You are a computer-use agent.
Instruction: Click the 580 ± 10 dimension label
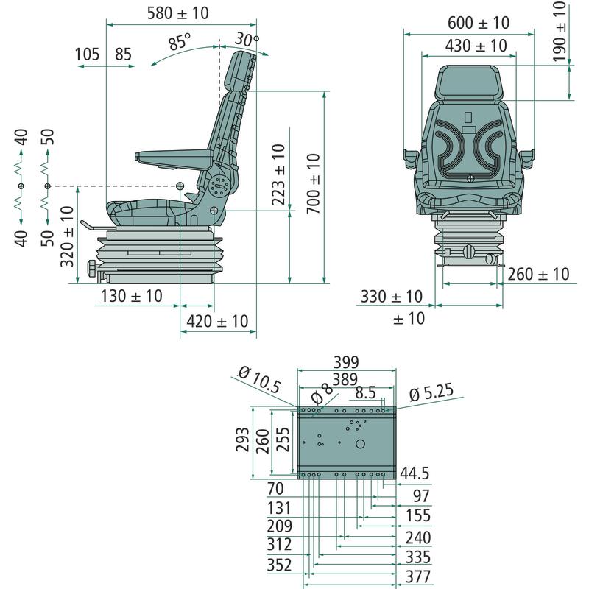pyautogui.click(x=177, y=13)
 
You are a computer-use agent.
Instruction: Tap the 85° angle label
pyautogui.click(x=179, y=41)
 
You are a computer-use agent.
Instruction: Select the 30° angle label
pyautogui.click(x=247, y=39)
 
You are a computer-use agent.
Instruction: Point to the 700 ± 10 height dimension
pyautogui.click(x=314, y=183)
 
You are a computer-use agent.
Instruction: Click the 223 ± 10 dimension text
pyautogui.click(x=279, y=174)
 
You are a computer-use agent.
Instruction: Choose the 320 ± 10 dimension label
pyautogui.click(x=67, y=236)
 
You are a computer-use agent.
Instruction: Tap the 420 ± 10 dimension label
pyautogui.click(x=217, y=322)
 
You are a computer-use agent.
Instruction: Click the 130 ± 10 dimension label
pyautogui.click(x=132, y=296)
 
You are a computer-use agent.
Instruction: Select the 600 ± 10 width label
pyautogui.click(x=479, y=23)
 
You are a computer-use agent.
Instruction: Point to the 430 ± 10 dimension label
pyautogui.click(x=476, y=46)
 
